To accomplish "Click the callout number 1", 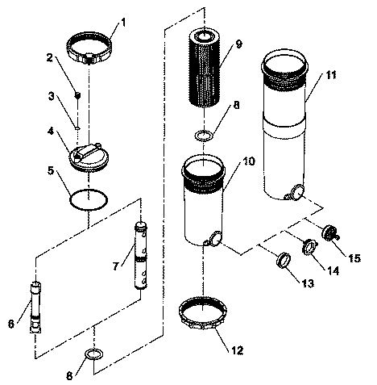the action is [123, 23].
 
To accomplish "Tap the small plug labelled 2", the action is [77, 95].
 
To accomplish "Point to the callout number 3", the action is [51, 96].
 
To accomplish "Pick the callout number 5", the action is [51, 170].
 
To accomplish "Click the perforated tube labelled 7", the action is [141, 255].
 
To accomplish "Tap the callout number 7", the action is [115, 266].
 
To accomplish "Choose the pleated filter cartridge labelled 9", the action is [205, 69].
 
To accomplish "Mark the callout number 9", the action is [238, 44].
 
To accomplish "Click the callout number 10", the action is [249, 161].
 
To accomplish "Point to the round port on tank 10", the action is [216, 238].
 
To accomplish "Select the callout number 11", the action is [331, 75].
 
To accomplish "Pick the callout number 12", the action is [237, 350].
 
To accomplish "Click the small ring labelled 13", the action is [284, 260].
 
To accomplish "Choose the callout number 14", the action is [333, 270].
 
